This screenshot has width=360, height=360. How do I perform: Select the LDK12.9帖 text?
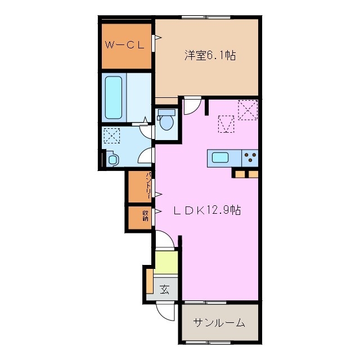pyautogui.click(x=206, y=210)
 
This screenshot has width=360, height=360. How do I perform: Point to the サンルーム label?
pyautogui.click(x=219, y=322)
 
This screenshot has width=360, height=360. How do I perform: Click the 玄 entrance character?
pyautogui.click(x=165, y=290)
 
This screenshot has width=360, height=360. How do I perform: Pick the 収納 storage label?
pyautogui.click(x=145, y=216)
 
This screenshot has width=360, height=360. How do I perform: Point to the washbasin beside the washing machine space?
pyautogui.click(x=112, y=159)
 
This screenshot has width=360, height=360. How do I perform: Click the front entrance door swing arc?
pyautogui.click(x=166, y=312)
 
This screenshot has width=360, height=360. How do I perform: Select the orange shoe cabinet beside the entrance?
pyautogui.click(x=149, y=281)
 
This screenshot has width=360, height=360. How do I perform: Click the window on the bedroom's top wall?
pyautogui.click(x=207, y=19)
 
